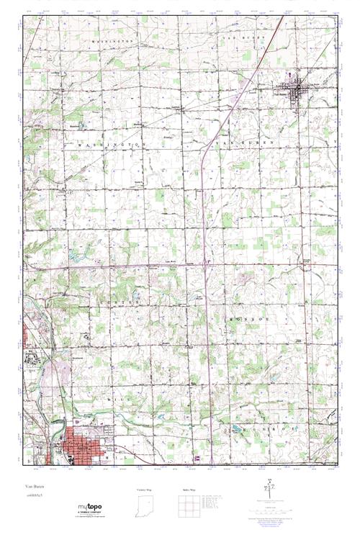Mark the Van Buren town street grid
(295, 94)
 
